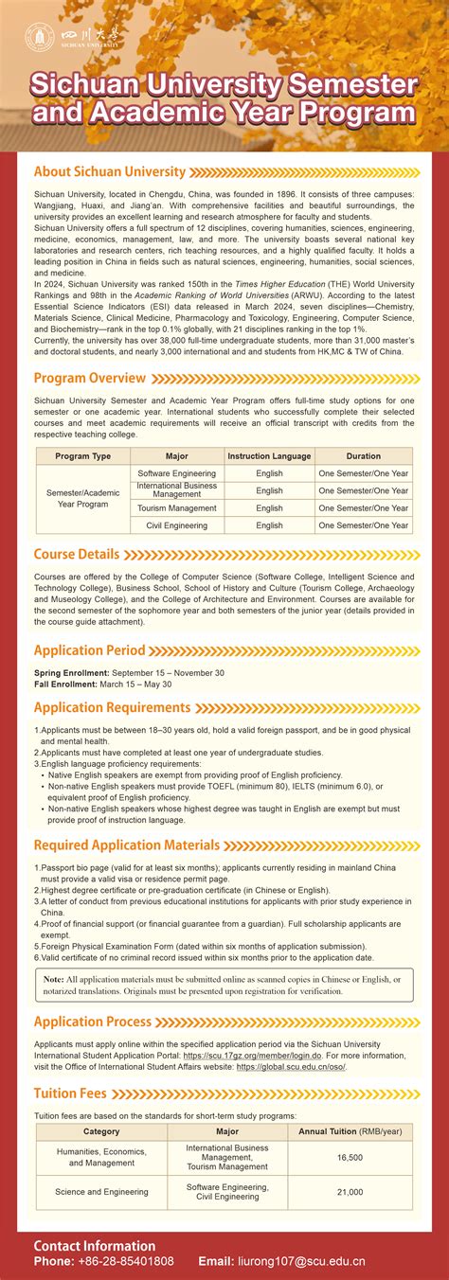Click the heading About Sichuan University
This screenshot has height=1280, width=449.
[109, 171]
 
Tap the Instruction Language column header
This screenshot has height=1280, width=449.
[269, 456]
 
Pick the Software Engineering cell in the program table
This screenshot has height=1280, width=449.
[176, 473]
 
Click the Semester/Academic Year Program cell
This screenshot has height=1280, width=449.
[82, 499]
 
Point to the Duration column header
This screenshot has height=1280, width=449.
[363, 456]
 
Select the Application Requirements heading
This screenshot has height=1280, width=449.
[112, 707]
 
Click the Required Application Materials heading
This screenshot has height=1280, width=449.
[127, 845]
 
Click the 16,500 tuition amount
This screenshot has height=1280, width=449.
[350, 1157]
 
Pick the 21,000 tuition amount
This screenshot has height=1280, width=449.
[350, 1192]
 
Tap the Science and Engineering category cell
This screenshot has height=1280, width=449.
[101, 1192]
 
